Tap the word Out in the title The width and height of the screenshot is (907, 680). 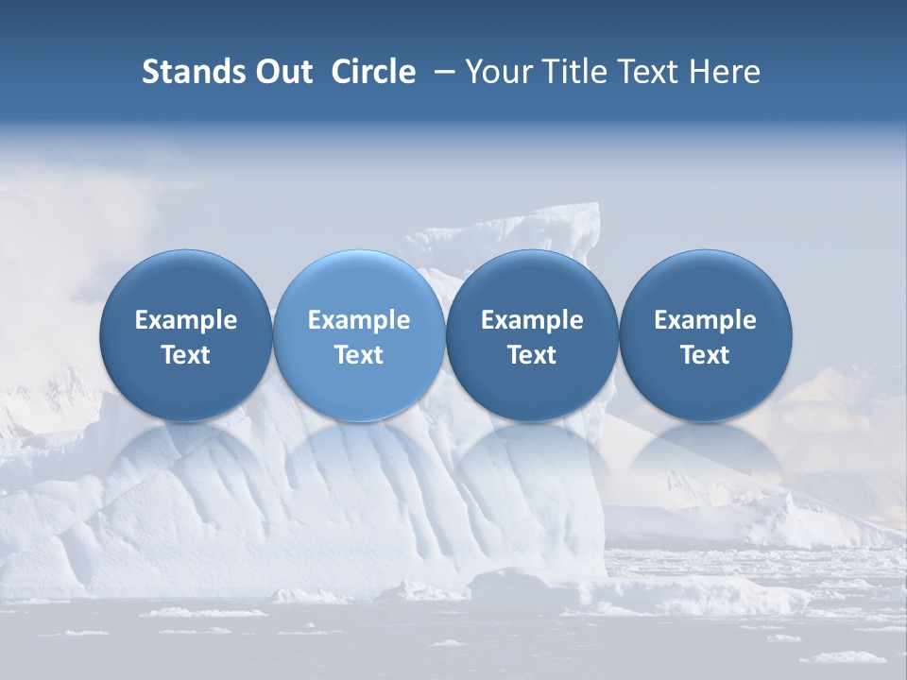click(282, 72)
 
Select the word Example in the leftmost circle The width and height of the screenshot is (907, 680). click(186, 320)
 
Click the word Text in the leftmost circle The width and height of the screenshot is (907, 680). click(186, 355)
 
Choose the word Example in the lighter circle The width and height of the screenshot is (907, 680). click(359, 320)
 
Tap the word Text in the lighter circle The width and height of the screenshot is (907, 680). click(359, 355)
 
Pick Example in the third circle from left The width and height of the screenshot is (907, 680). click(532, 320)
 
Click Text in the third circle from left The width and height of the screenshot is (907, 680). click(532, 355)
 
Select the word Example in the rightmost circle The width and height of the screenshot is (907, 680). click(705, 320)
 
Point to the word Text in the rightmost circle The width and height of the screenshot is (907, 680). click(705, 355)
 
